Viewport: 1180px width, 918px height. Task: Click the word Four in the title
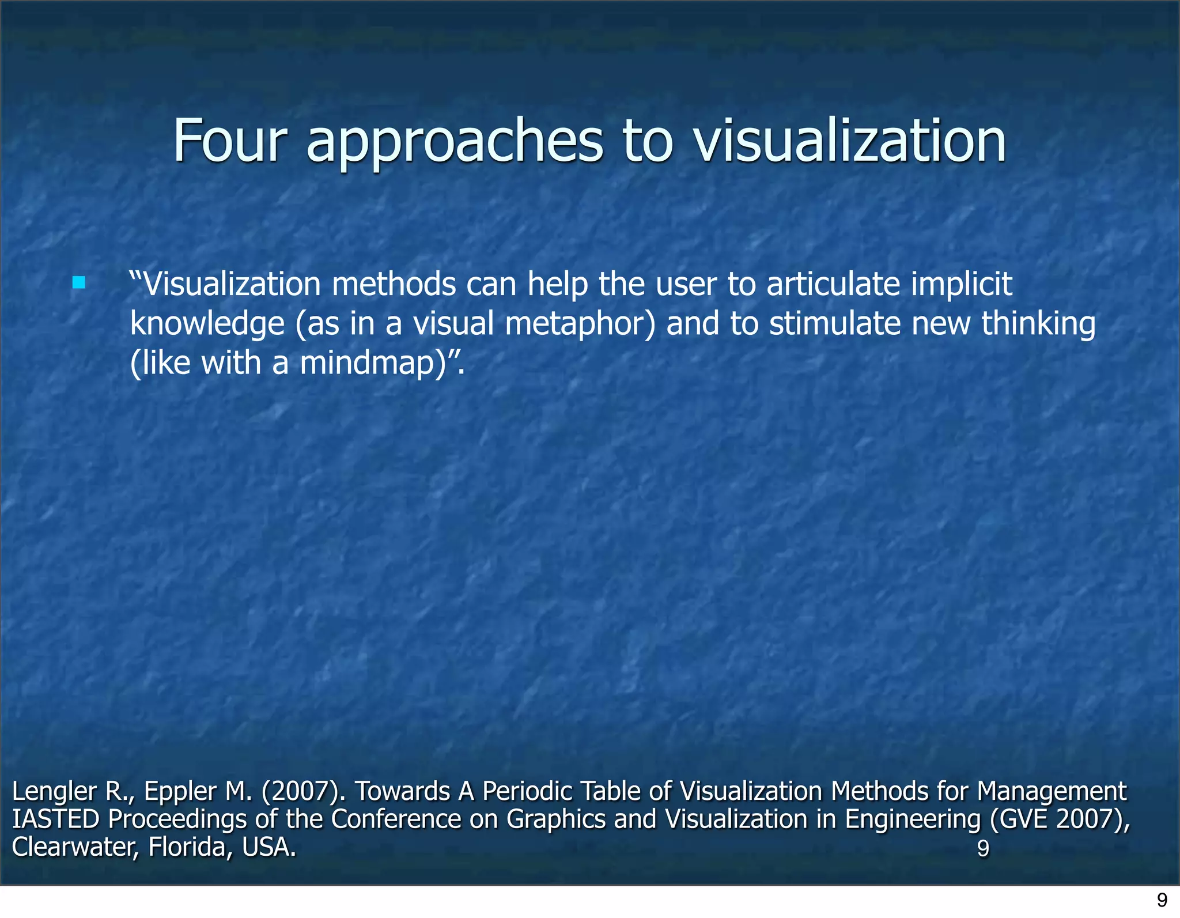pos(229,141)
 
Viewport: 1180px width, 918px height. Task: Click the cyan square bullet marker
pos(79,283)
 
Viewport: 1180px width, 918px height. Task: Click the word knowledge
pos(207,324)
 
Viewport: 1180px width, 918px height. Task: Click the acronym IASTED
pos(56,819)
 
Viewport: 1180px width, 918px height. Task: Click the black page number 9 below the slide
pos(1162,900)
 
